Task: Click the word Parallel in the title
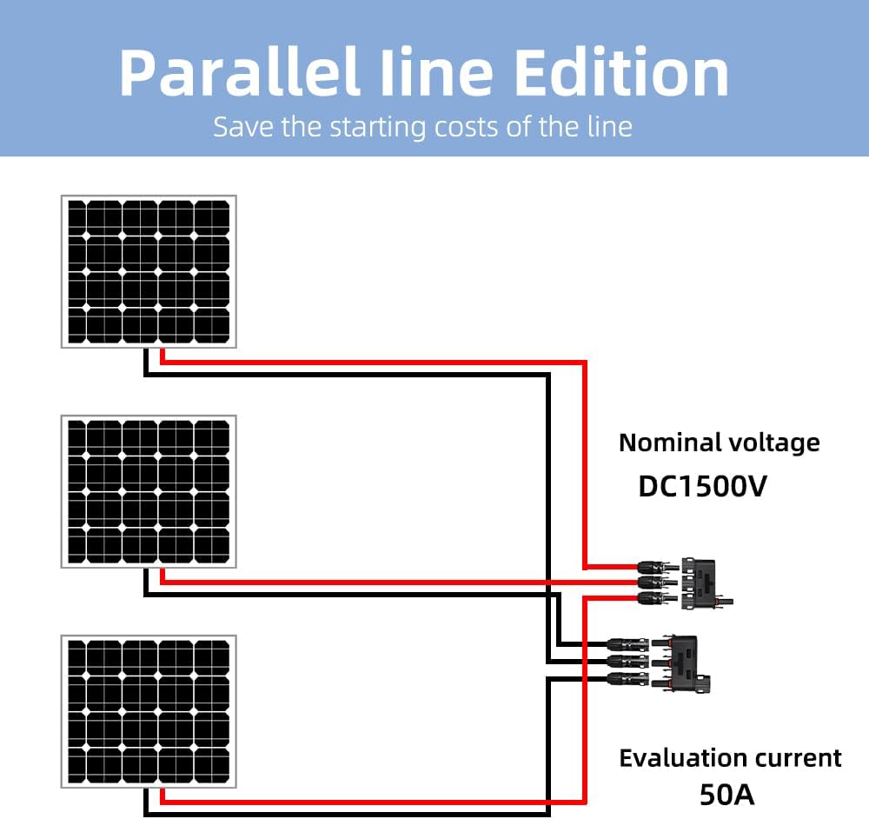240,73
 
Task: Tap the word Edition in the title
622,73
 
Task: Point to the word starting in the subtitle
379,128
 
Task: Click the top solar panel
149,272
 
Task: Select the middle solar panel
149,492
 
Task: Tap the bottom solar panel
149,711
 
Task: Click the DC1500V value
703,486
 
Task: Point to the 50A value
726,795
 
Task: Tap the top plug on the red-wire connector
658,567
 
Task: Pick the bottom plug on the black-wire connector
628,678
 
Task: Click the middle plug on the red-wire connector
658,583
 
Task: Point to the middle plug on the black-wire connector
628,661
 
